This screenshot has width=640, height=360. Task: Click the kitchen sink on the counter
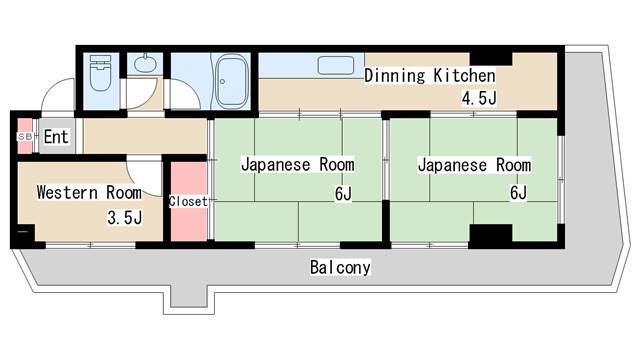(x=335, y=66)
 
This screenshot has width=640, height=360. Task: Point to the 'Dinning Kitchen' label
(x=429, y=75)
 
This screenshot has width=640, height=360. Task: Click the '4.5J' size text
(x=478, y=97)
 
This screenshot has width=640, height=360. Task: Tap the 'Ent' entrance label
(x=55, y=137)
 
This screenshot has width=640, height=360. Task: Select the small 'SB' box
(x=23, y=136)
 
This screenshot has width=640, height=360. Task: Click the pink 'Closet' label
(x=188, y=201)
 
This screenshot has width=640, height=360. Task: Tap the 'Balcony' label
(x=340, y=267)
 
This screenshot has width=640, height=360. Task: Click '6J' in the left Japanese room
(x=343, y=192)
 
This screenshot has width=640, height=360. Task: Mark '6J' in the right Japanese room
(x=518, y=192)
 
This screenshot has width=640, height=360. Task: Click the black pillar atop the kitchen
(x=490, y=55)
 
